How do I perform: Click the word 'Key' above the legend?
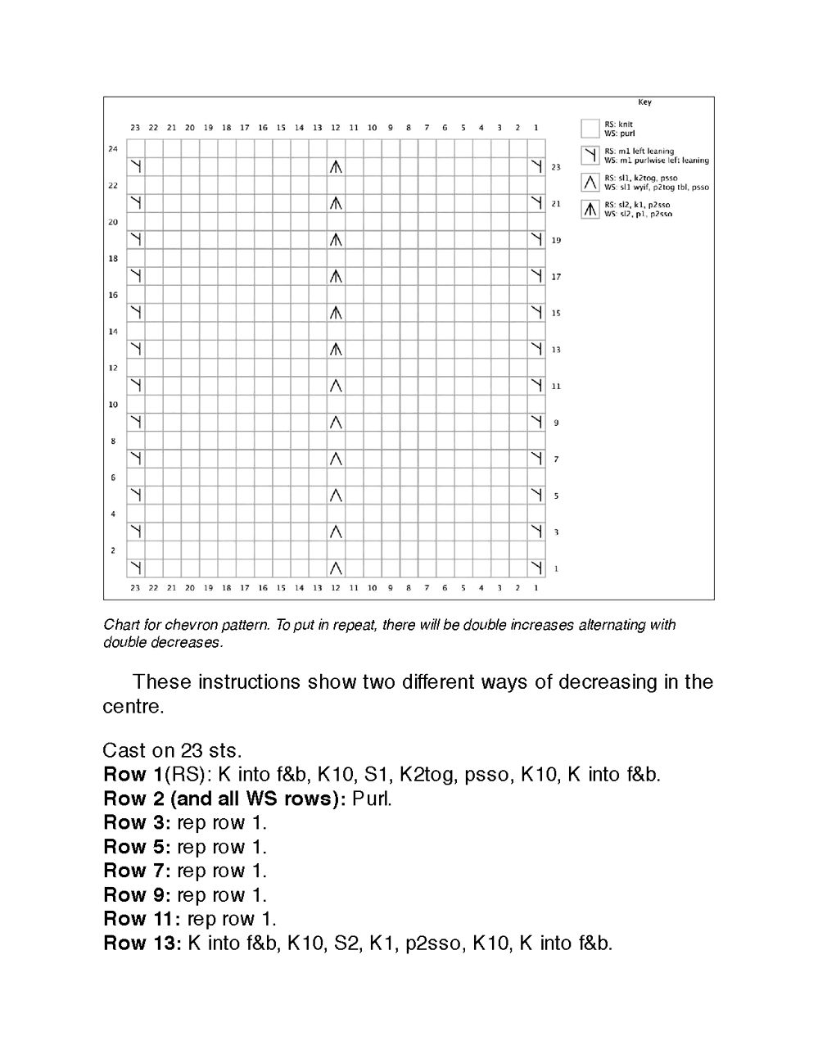tap(644, 102)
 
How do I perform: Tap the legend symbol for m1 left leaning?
tap(590, 155)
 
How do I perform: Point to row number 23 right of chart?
tap(556, 167)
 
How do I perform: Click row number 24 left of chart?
tap(113, 149)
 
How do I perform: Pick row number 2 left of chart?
tap(114, 550)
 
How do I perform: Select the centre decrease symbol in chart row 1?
tap(336, 568)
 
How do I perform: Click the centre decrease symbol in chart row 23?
tap(336, 167)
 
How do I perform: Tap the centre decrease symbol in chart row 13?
tap(336, 349)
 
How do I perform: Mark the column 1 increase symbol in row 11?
tap(536, 385)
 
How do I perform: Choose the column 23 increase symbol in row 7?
tap(136, 458)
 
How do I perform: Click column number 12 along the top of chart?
tap(336, 128)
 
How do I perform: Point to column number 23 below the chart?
tap(135, 587)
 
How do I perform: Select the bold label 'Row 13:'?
tap(142, 944)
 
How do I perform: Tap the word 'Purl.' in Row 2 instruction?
tap(372, 799)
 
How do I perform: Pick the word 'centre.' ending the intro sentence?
tap(133, 706)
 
